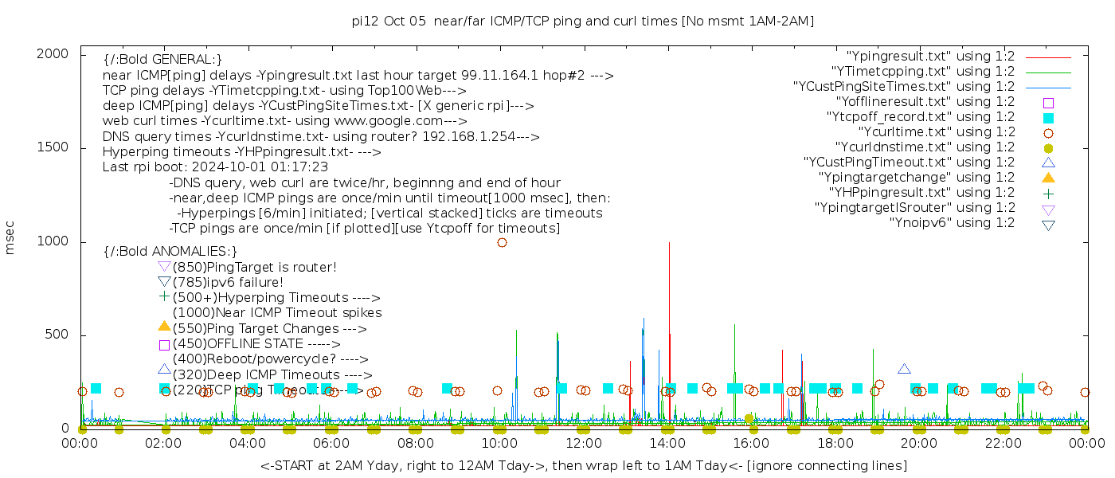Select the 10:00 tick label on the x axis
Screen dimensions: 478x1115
pos(499,443)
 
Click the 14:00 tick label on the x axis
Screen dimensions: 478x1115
pos(667,443)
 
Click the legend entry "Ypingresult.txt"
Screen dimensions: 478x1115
pos(930,57)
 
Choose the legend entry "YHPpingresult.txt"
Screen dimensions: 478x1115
pos(921,193)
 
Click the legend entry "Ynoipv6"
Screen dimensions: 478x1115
pos(952,223)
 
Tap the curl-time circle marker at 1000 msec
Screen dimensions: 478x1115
pos(502,242)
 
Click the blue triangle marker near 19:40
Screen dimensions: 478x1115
pos(904,369)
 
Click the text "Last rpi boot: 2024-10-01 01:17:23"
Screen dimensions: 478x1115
pos(215,167)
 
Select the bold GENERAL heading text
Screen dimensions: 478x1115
pos(162,59)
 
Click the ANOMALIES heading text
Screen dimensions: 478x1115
pos(170,251)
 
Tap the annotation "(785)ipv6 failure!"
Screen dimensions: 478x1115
pos(228,282)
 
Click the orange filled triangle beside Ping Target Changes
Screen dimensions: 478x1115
pos(164,326)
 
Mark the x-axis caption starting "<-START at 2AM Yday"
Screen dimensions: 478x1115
pos(583,465)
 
